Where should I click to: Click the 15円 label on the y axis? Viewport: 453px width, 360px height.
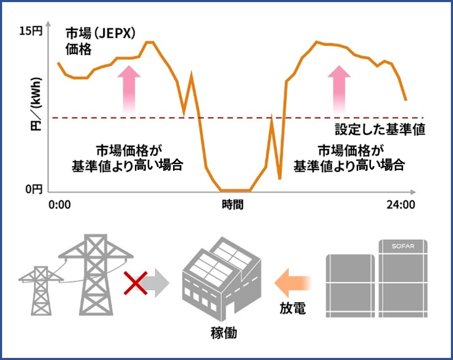[31, 31]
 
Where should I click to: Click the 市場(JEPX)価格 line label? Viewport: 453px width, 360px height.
[100, 41]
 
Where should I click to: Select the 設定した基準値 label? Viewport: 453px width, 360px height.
[379, 129]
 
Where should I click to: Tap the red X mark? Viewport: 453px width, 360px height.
[135, 283]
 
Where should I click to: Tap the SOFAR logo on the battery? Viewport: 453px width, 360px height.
[402, 245]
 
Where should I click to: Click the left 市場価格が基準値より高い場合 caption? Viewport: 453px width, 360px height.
[128, 158]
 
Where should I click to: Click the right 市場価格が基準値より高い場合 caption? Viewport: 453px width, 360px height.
[349, 158]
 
